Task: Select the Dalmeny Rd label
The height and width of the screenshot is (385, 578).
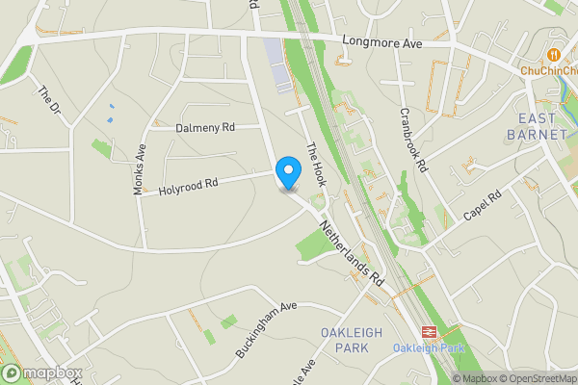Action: [205, 127]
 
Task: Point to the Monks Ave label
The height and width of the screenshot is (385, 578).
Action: [140, 169]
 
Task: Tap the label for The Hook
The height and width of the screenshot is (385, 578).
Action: [316, 164]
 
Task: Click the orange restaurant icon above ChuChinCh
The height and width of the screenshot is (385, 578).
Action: [553, 53]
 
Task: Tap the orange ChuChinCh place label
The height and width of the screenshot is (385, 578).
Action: [547, 70]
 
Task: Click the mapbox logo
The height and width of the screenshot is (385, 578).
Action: [42, 372]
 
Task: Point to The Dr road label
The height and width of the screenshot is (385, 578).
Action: [48, 101]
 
